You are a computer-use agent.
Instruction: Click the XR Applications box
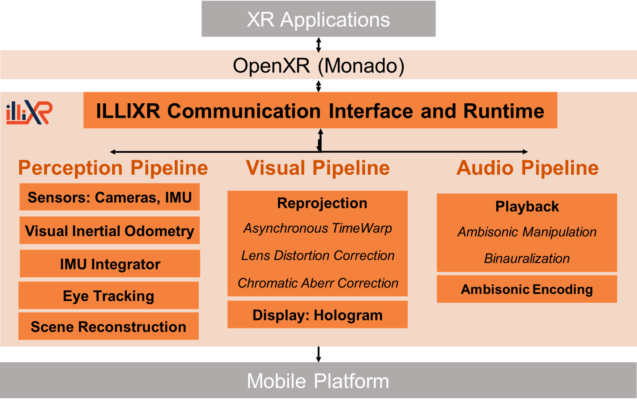(318, 19)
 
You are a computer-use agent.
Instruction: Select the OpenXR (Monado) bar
(318, 65)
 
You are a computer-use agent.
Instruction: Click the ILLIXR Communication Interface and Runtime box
(320, 110)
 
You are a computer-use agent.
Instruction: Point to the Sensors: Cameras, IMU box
(109, 197)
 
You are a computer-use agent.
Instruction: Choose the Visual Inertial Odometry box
(109, 231)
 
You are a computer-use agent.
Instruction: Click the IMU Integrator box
(110, 264)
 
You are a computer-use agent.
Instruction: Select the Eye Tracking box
(108, 296)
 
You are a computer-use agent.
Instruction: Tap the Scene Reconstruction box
(108, 326)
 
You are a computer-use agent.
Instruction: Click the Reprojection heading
(322, 203)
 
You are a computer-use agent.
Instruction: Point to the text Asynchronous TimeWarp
(317, 228)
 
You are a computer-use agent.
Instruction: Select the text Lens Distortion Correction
(317, 255)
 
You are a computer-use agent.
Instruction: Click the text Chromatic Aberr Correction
(317, 283)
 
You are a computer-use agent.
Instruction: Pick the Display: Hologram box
(317, 315)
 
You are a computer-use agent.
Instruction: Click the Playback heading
(527, 206)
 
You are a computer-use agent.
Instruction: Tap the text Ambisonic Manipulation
(527, 232)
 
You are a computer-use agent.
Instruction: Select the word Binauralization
(527, 258)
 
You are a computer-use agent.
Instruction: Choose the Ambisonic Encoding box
(526, 289)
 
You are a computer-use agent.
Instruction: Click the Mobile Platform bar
(318, 380)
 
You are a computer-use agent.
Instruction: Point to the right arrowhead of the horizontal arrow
(525, 152)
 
